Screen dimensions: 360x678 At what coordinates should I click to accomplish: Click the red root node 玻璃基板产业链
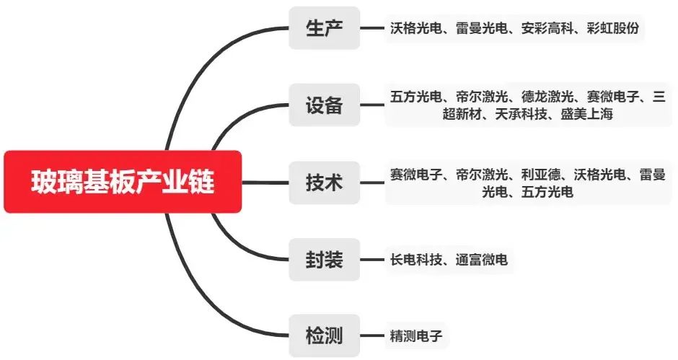tap(122, 182)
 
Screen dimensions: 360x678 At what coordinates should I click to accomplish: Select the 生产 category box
tap(324, 28)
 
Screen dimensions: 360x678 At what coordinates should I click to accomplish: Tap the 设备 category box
tap(324, 105)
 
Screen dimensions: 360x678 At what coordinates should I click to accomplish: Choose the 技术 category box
tap(324, 183)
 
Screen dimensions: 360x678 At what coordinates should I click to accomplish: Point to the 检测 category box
tap(324, 336)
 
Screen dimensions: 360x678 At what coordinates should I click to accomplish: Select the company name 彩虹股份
tap(612, 29)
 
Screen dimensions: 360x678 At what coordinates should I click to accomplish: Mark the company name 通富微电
tap(481, 260)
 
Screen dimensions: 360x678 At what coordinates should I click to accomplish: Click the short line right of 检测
tap(371, 336)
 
